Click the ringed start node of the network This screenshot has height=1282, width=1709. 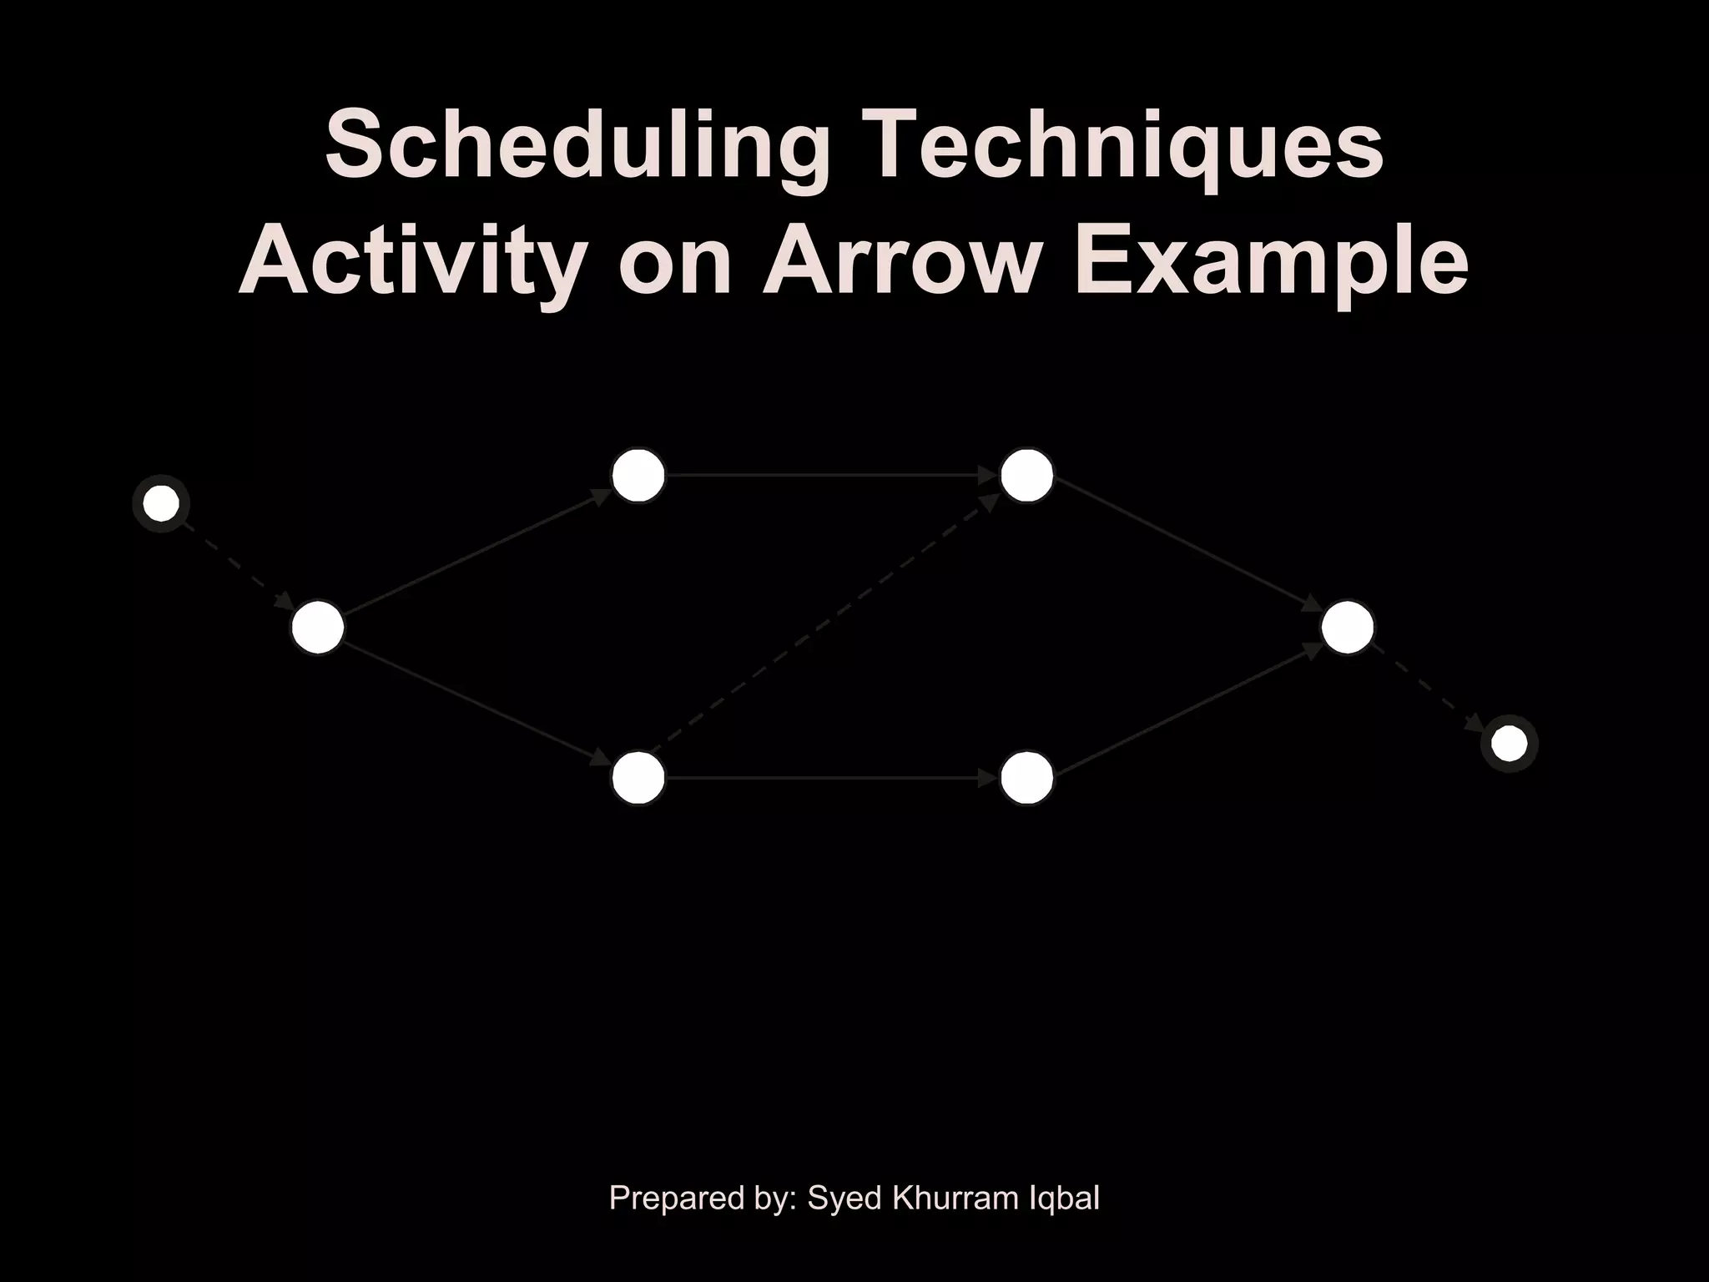tap(161, 503)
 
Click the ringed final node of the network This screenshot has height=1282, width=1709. tap(1509, 743)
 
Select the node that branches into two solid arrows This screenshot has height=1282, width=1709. tap(318, 627)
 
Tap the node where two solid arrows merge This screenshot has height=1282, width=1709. tap(1347, 627)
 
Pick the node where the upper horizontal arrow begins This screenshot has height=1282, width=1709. tap(638, 475)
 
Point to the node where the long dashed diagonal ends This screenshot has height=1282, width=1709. tap(1026, 475)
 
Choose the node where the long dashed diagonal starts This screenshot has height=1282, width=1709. tap(638, 778)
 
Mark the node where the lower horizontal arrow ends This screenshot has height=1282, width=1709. tap(1026, 778)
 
